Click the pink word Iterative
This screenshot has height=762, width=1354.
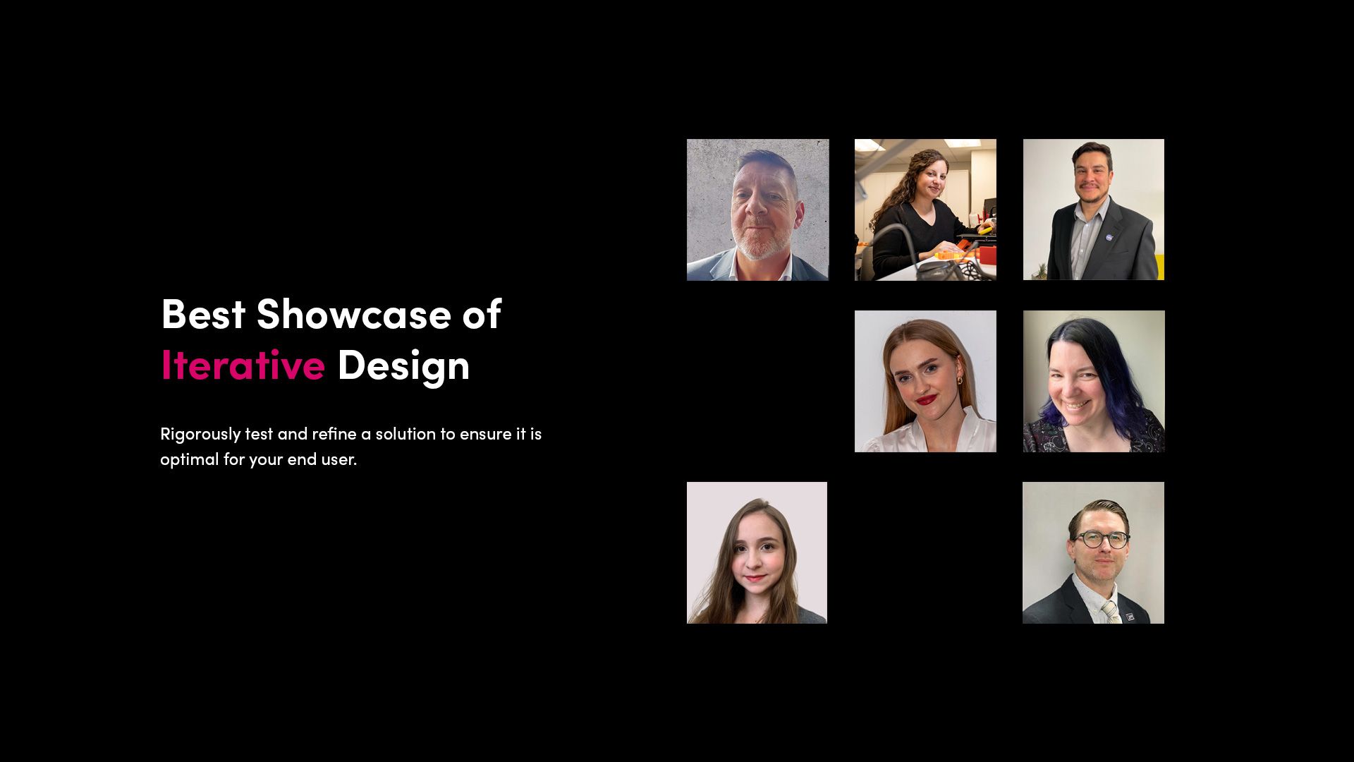pyautogui.click(x=243, y=365)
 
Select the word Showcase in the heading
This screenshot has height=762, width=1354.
pyautogui.click(x=353, y=314)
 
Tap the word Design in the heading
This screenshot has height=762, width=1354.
pyautogui.click(x=403, y=365)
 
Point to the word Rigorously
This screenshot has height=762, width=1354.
pyautogui.click(x=200, y=434)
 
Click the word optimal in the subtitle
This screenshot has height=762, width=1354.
pyautogui.click(x=189, y=459)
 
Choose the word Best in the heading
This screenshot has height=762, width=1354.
pyautogui.click(x=203, y=314)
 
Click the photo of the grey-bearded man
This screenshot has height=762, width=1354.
pyautogui.click(x=757, y=210)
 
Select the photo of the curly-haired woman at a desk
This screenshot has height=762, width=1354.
pyautogui.click(x=925, y=210)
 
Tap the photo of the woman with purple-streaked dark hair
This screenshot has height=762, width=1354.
pyautogui.click(x=1093, y=381)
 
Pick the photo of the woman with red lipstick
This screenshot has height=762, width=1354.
pyautogui.click(x=925, y=381)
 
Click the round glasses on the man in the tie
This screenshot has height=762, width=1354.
pyautogui.click(x=1101, y=540)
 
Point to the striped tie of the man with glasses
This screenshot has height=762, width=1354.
pyautogui.click(x=1110, y=610)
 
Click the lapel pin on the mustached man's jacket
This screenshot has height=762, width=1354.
pyautogui.click(x=1114, y=246)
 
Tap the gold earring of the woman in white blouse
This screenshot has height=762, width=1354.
pyautogui.click(x=959, y=381)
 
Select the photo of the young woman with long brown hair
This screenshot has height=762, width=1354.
pyautogui.click(x=757, y=552)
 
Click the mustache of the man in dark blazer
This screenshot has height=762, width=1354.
pyautogui.click(x=1092, y=186)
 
